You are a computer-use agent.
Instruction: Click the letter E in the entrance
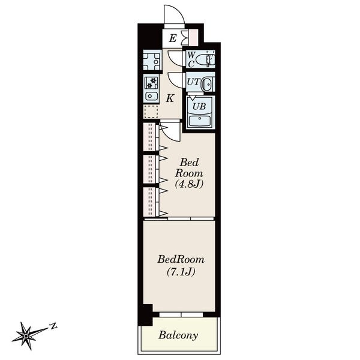[x=173, y=38]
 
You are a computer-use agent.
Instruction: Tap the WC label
[x=191, y=59]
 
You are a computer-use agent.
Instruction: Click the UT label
[x=194, y=82]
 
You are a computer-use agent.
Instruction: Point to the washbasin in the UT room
[x=207, y=85]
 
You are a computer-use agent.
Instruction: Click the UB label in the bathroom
[x=199, y=107]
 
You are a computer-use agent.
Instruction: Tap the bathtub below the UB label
[x=199, y=121]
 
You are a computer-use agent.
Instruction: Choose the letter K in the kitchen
[x=170, y=98]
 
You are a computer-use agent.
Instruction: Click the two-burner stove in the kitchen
[x=151, y=83]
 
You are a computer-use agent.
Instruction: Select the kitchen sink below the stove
[x=151, y=96]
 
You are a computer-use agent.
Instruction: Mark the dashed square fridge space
[x=151, y=112]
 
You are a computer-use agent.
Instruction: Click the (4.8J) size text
[x=189, y=184]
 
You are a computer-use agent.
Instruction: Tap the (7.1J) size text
[x=181, y=272]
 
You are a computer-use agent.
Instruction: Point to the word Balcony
[x=178, y=335]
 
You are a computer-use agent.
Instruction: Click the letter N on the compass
[x=53, y=326]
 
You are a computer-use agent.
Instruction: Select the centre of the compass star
[x=26, y=336]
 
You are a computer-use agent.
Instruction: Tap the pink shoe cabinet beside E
[x=193, y=37]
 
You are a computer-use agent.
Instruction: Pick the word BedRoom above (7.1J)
[x=181, y=259]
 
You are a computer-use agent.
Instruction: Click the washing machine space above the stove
[x=151, y=61]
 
